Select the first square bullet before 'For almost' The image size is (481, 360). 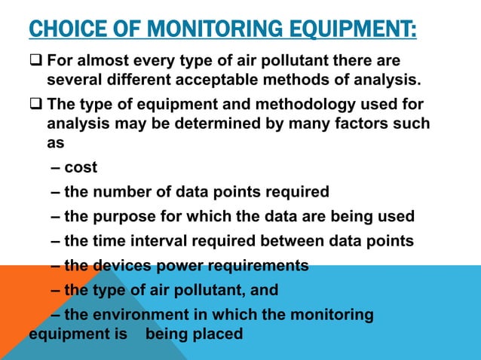tap(35, 59)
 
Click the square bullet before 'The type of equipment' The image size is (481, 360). tap(35, 103)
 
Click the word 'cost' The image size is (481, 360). tap(81, 167)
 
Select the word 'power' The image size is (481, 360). tap(178, 265)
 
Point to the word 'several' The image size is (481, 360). tap(74, 78)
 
